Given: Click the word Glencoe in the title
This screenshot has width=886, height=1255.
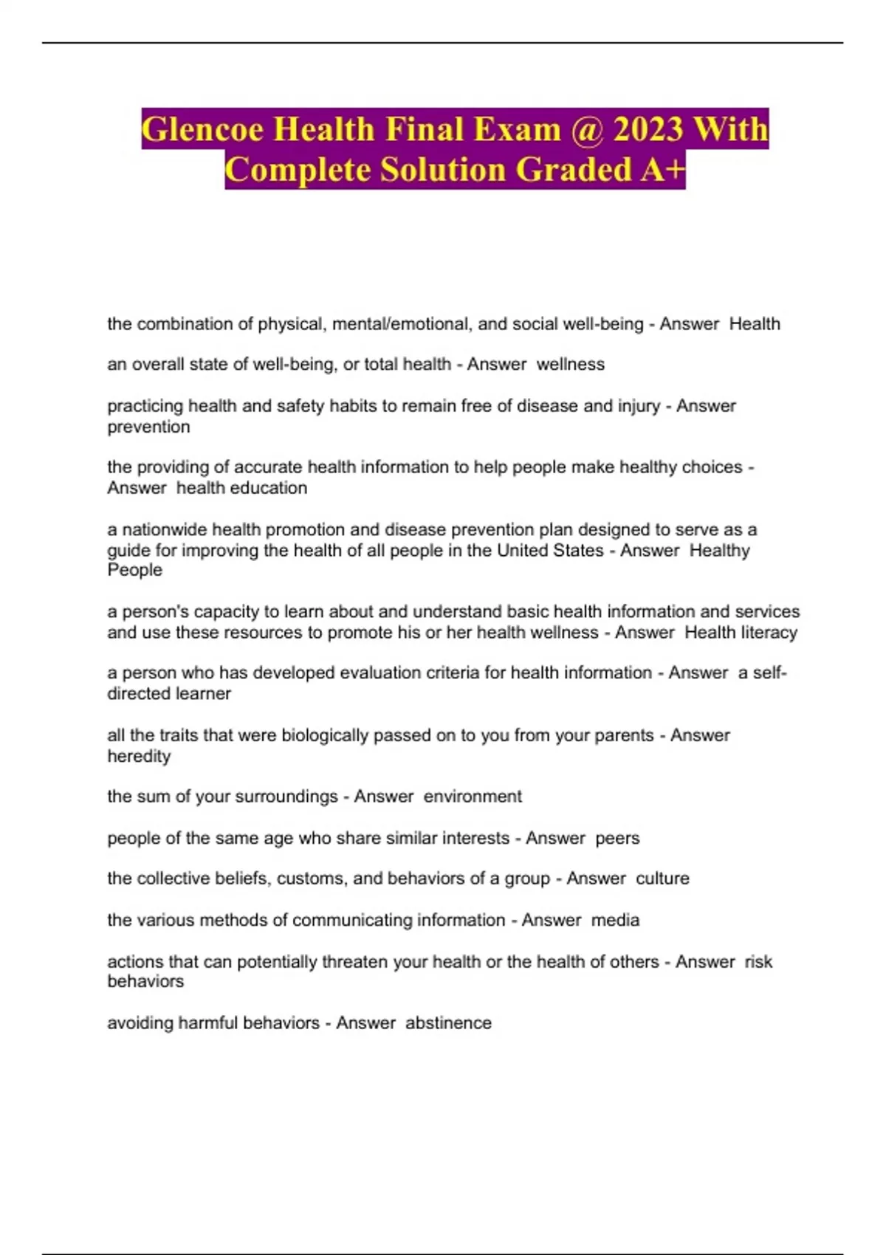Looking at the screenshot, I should click(202, 129).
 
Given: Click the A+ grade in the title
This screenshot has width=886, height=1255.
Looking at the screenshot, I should click(662, 169).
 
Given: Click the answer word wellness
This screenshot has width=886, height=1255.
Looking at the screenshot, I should click(570, 364).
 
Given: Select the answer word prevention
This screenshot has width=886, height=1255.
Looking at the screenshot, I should click(148, 427).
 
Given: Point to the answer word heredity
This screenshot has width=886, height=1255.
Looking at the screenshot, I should click(139, 756).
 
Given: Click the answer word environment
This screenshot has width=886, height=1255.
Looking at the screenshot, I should click(473, 797).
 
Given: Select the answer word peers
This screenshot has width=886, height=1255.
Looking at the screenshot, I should click(617, 839).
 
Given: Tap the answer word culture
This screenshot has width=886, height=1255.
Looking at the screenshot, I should click(662, 878).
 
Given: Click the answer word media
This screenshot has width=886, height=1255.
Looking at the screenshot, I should click(615, 920).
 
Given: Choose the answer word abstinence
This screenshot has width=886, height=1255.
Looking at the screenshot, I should click(448, 1023).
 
